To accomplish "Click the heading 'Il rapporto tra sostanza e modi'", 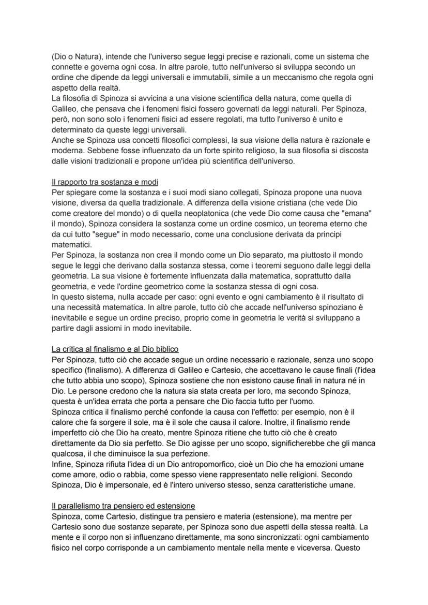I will [x=105, y=181].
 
